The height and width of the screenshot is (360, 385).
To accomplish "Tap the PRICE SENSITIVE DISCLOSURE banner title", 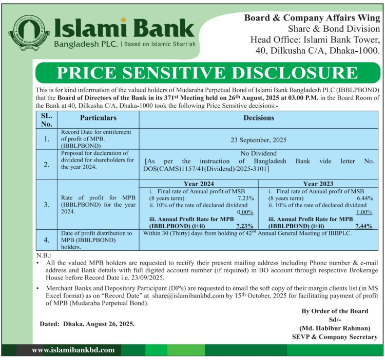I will coord(207,72).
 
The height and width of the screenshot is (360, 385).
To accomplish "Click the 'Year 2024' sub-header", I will coord(199,183).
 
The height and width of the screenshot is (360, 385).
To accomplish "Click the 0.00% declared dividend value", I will coord(245,212).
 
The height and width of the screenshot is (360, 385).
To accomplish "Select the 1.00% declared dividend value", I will coord(364,212).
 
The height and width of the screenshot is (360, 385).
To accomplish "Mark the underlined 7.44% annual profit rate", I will coord(363,226).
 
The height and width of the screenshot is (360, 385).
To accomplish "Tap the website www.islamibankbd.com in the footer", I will coord(73,350).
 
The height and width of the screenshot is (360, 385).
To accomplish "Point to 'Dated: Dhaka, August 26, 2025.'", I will coord(87,324).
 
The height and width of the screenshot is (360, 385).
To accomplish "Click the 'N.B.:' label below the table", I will coord(43,255).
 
